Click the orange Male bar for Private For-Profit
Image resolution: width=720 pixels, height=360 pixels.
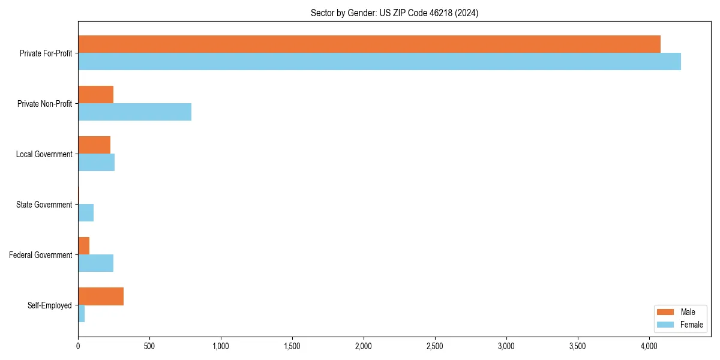tap(369, 44)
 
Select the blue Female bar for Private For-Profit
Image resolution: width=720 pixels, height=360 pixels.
tap(379, 61)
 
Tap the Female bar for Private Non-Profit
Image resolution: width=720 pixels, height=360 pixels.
tap(134, 112)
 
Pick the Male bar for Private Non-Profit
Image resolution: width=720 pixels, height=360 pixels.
tap(95, 95)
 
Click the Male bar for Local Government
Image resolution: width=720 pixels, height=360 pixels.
tap(94, 145)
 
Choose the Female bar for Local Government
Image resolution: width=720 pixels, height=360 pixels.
tap(96, 162)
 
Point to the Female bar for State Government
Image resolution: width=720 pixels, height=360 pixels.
tap(86, 212)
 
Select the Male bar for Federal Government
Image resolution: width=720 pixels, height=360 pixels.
tap(83, 245)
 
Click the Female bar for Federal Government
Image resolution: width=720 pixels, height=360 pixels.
tap(95, 263)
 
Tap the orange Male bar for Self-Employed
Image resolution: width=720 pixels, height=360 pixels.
tap(101, 296)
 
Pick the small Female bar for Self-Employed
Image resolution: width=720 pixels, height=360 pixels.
tap(81, 313)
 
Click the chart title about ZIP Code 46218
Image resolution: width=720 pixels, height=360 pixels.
tap(394, 13)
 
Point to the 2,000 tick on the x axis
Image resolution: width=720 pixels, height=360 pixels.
tap(364, 346)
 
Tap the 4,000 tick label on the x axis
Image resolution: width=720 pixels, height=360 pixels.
tap(649, 346)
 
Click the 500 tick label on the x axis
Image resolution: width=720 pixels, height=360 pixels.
tap(149, 346)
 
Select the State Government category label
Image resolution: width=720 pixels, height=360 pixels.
tap(44, 205)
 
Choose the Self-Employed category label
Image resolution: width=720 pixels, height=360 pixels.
tap(50, 305)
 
